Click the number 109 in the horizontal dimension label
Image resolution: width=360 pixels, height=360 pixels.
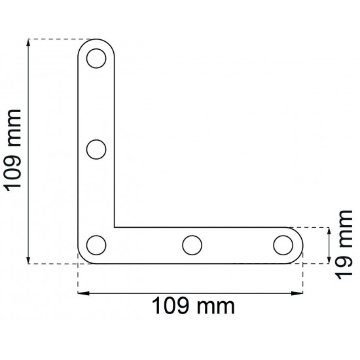pos(170,306)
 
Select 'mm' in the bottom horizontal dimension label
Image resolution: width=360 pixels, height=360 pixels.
pos(216,308)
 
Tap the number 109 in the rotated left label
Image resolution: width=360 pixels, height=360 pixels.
pos(13,173)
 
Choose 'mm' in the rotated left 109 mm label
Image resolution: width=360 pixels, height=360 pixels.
pos(14,128)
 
